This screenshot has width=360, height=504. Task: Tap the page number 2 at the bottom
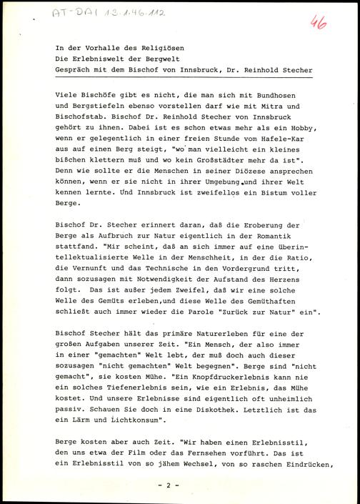179,485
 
